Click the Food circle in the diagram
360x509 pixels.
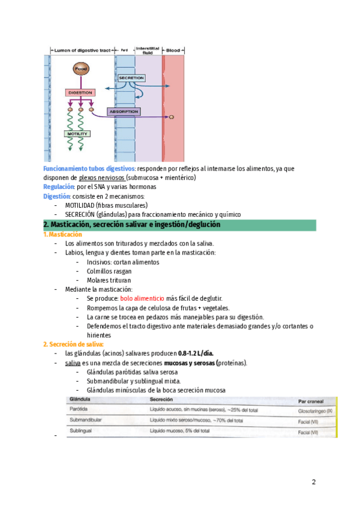[x=80, y=70]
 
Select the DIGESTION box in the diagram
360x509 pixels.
[x=80, y=92]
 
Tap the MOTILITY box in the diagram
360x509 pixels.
[x=77, y=133]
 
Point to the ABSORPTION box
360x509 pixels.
[x=124, y=112]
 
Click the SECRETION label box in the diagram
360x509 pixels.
[x=131, y=78]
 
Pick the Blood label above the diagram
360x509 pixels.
[x=173, y=50]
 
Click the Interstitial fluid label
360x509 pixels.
[x=147, y=50]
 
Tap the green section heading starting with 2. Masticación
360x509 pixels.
[x=132, y=224]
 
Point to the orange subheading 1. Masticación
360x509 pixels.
[x=62, y=234]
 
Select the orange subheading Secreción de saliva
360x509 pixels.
[x=73, y=344]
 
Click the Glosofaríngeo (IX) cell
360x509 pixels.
[x=319, y=412]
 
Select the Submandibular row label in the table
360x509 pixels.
[x=86, y=420]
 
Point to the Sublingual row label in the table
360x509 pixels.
[x=82, y=431]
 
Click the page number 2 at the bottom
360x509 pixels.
[x=313, y=482]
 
